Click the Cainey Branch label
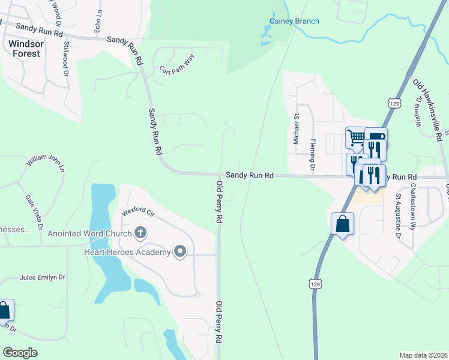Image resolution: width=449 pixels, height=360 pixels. click(x=294, y=22)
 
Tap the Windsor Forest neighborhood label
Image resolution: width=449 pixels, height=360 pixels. click(x=25, y=48)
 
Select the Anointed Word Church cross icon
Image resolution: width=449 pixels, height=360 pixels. click(x=140, y=232)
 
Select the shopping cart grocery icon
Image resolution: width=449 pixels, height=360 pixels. click(x=356, y=137)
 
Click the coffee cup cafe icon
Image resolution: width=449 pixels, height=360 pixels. click(x=376, y=136)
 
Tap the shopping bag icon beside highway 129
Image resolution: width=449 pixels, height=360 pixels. click(x=342, y=224)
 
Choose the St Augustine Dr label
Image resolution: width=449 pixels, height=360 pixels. click(x=398, y=212)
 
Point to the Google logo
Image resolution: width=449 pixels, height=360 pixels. click(x=20, y=353)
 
